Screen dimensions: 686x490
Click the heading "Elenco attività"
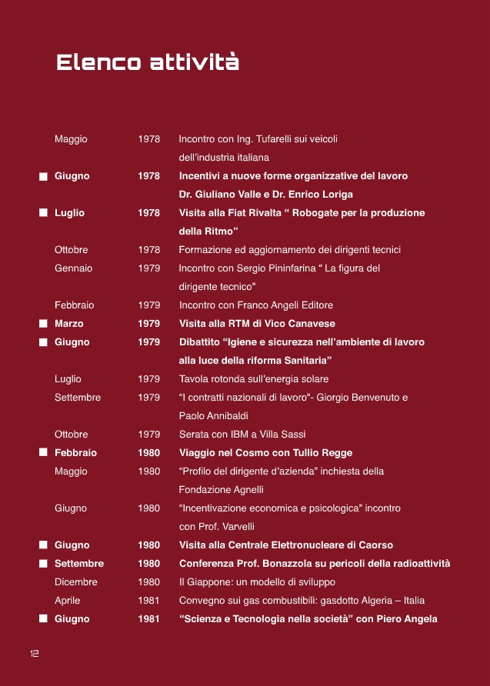(148, 62)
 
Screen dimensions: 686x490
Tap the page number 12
(35, 653)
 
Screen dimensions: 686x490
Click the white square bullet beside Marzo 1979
(44, 324)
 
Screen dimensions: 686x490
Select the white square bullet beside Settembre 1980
(44, 564)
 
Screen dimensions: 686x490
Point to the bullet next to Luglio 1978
(44, 213)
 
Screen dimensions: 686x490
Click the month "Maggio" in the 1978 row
(71, 139)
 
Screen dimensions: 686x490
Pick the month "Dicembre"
(75, 582)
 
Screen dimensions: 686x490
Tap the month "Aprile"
(67, 601)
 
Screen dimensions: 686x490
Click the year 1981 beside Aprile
(149, 601)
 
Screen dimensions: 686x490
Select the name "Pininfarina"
(293, 268)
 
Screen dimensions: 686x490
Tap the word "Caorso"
(373, 545)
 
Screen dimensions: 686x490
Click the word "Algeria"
(364, 601)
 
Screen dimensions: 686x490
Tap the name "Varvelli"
(235, 527)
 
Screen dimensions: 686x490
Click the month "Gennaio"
(73, 268)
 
